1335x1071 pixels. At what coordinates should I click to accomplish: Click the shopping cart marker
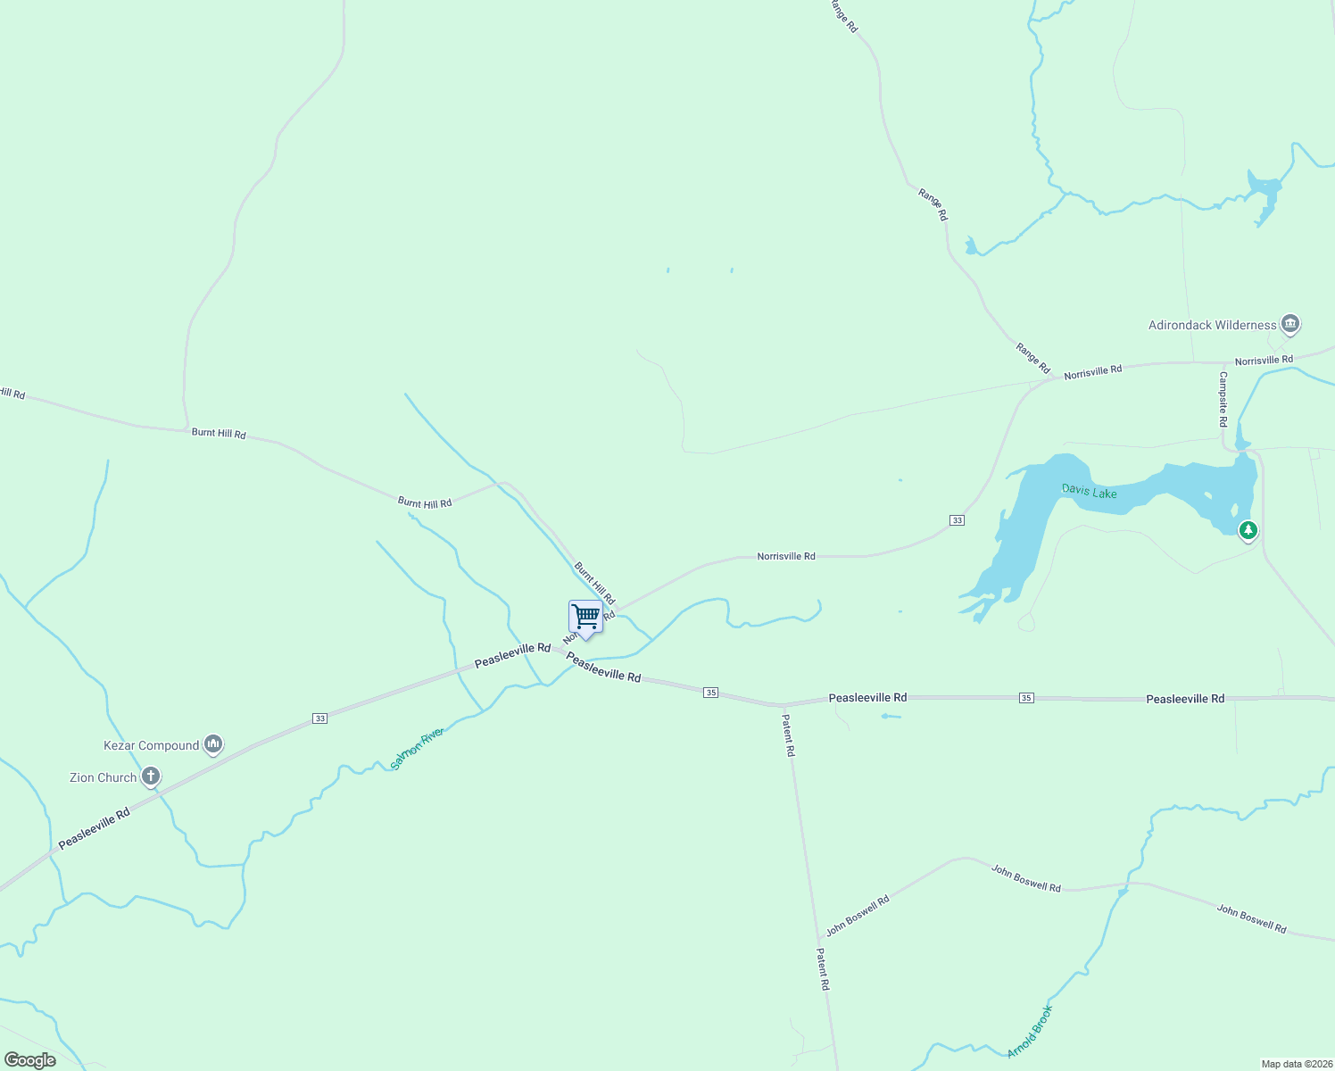click(x=585, y=618)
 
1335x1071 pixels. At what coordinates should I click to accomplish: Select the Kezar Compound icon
click(x=212, y=744)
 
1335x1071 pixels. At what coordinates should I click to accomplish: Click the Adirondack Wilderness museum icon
click(x=1289, y=324)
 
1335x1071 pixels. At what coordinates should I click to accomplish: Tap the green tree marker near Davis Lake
click(x=1248, y=532)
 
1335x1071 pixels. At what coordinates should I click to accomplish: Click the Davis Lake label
click(x=1090, y=491)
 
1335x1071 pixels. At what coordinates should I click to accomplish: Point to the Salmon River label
click(x=417, y=749)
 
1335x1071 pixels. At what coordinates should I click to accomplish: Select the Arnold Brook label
click(x=1030, y=1032)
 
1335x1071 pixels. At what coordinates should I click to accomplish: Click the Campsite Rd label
click(x=1223, y=399)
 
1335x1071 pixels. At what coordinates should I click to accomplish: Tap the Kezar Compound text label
click(x=152, y=745)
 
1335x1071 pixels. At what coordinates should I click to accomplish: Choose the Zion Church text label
click(x=104, y=777)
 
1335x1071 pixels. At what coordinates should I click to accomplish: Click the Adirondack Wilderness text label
click(x=1212, y=325)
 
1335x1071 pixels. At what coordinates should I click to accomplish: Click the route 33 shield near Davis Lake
click(x=957, y=520)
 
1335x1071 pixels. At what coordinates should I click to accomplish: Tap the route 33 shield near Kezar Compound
click(x=319, y=718)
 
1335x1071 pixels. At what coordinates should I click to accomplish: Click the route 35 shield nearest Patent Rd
click(x=710, y=693)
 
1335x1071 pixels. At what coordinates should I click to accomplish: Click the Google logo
click(x=29, y=1060)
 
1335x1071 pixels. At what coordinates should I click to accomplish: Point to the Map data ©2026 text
click(x=1296, y=1064)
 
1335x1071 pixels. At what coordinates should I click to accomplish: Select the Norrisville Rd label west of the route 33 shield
click(x=785, y=556)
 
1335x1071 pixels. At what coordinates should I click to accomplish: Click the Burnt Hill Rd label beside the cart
click(x=594, y=584)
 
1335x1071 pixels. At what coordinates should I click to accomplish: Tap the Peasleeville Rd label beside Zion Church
click(x=95, y=828)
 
